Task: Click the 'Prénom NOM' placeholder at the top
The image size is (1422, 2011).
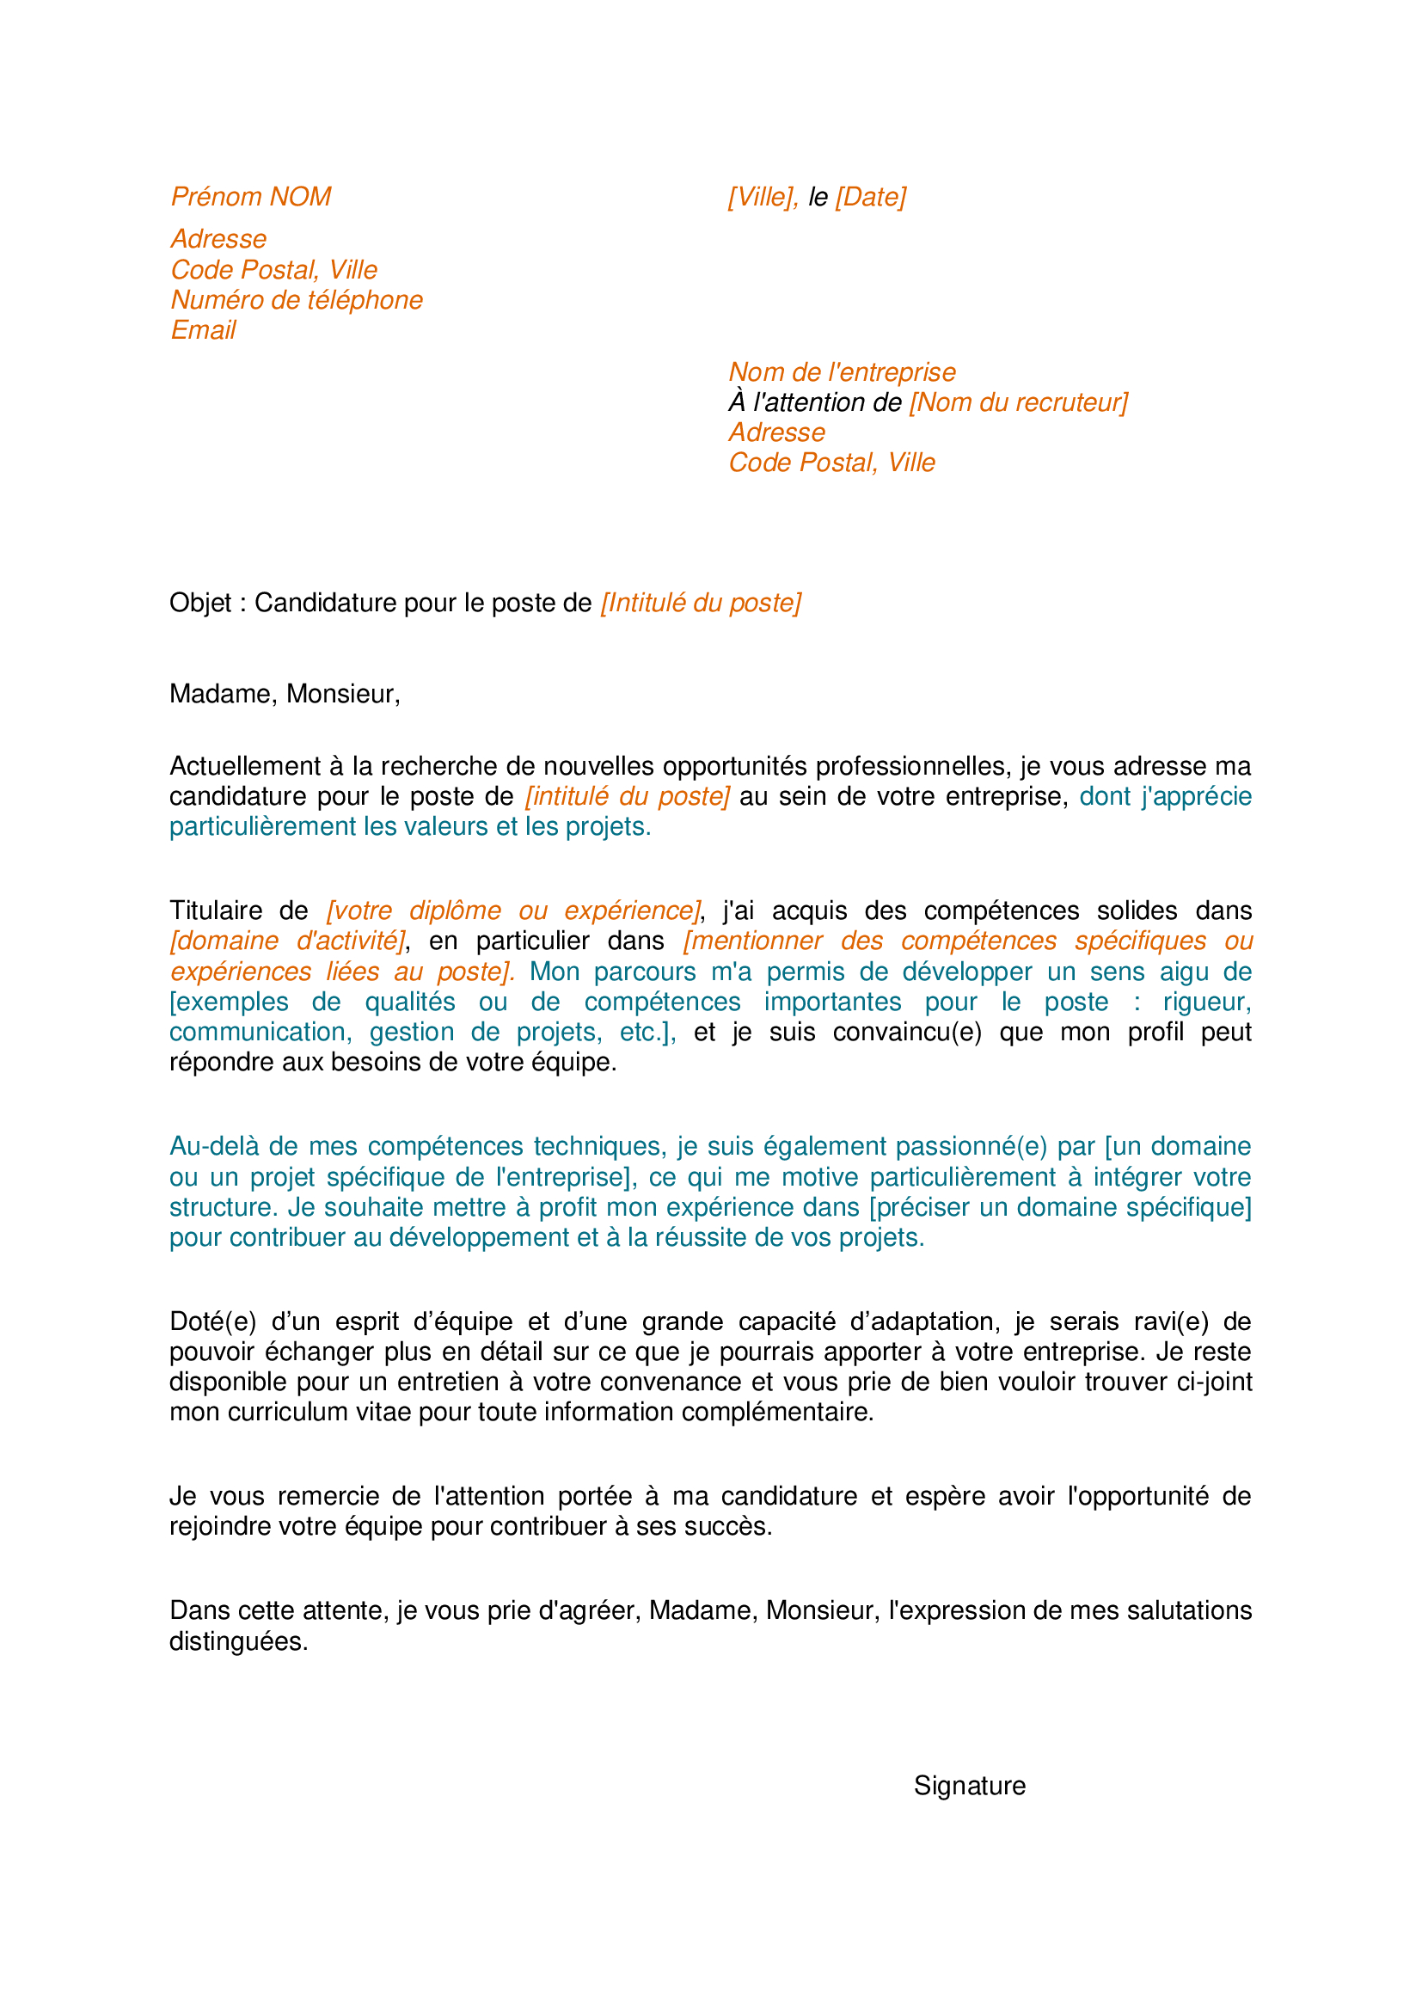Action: coord(250,197)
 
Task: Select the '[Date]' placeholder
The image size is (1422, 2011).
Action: coord(870,197)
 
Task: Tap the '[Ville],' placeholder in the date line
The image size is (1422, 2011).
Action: coord(763,197)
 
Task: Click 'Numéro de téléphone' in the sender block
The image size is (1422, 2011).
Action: coord(296,300)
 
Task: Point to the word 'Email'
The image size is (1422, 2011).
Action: coord(203,330)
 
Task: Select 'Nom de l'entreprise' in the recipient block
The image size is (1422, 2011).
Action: coord(842,372)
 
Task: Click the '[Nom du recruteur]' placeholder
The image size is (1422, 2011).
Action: coord(1018,403)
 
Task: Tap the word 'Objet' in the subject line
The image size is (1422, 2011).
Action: coord(200,604)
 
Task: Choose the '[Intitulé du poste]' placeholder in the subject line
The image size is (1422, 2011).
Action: coord(701,604)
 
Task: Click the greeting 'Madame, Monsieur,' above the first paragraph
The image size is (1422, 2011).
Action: coord(285,694)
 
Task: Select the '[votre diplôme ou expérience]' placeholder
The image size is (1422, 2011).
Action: coord(514,910)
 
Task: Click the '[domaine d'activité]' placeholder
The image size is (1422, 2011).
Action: coord(288,941)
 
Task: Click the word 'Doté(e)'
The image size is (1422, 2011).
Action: coord(211,1321)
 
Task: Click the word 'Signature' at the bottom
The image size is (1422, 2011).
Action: coord(969,1786)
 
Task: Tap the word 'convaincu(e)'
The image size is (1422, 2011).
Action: coord(907,1033)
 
